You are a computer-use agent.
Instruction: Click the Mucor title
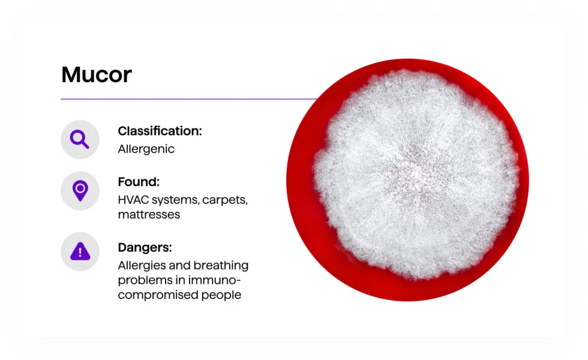pyautogui.click(x=97, y=75)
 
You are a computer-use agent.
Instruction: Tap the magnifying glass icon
pyautogui.click(x=80, y=139)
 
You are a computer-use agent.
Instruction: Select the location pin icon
pyautogui.click(x=80, y=191)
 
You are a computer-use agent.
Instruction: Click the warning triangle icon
pyautogui.click(x=80, y=251)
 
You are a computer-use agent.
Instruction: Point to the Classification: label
pyautogui.click(x=160, y=131)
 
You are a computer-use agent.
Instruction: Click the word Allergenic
pyautogui.click(x=146, y=149)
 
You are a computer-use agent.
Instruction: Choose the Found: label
pyautogui.click(x=139, y=182)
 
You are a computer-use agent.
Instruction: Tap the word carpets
pyautogui.click(x=225, y=200)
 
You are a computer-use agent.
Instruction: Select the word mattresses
pyautogui.click(x=149, y=214)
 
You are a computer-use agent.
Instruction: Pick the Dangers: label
pyautogui.click(x=145, y=247)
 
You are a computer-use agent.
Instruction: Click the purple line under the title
pyautogui.click(x=180, y=98)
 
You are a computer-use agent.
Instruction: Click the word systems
pyautogui.click(x=174, y=200)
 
